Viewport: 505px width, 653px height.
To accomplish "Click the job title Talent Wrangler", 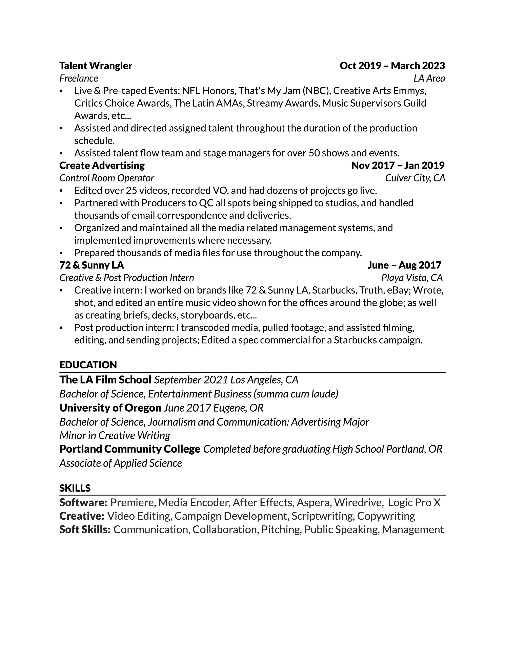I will pos(96,66).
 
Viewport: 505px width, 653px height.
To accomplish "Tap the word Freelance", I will pos(79,78).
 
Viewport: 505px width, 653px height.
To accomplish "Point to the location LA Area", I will pos(429,78).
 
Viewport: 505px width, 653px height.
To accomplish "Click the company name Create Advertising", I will pos(102,165).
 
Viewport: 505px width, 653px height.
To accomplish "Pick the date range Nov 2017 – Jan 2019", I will pos(398,165).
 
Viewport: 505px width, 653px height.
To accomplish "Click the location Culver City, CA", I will pos(415,178).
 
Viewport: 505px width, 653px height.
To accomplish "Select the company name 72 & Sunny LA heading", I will pos(92,265).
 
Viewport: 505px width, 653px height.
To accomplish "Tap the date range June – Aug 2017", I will pos(404,265).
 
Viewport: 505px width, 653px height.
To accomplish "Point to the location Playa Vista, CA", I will pos(412,278).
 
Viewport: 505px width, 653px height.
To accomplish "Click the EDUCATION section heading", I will pos(88,365).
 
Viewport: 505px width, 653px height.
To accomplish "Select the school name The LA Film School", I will pos(105,380).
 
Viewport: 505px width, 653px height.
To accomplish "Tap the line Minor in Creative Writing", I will pos(115,435).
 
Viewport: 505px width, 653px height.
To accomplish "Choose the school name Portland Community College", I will pos(130,449).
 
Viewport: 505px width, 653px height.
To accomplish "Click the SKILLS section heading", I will pos(75,488).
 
